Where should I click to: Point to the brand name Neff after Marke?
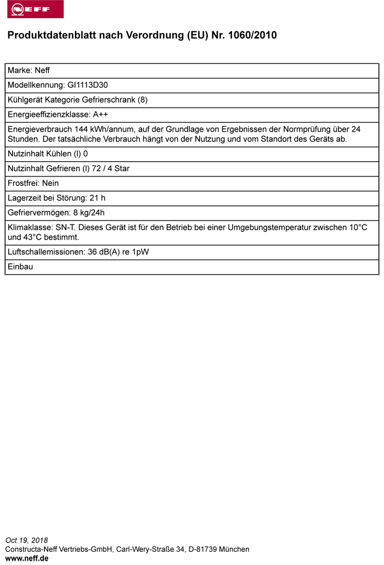pyautogui.click(x=42, y=71)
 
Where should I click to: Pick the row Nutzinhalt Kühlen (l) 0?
pyautogui.click(x=48, y=154)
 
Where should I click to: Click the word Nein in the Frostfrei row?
pyautogui.click(x=50, y=183)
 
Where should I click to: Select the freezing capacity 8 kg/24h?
pyautogui.click(x=89, y=213)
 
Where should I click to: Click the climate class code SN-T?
pyautogui.click(x=65, y=228)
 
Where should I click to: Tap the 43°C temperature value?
pyautogui.click(x=32, y=238)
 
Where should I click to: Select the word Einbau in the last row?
pyautogui.click(x=20, y=267)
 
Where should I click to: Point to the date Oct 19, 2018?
pyautogui.click(x=26, y=540)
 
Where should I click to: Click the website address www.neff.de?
pyautogui.click(x=27, y=558)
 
